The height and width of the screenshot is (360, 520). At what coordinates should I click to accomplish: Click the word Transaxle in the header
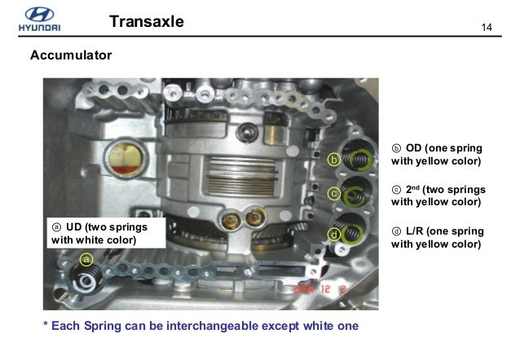(146, 22)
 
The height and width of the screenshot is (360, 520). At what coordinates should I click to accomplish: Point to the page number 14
(488, 29)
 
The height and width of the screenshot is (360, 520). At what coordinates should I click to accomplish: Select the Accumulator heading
(70, 56)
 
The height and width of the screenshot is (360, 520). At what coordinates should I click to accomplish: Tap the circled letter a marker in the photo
(87, 259)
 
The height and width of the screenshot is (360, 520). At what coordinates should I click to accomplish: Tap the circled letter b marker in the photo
(333, 159)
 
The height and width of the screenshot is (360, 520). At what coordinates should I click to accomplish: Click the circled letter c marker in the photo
(333, 194)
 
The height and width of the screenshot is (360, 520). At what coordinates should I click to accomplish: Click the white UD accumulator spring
(84, 282)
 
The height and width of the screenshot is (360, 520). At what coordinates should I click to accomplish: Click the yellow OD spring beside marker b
(358, 160)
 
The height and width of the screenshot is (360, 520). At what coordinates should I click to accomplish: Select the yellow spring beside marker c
(356, 195)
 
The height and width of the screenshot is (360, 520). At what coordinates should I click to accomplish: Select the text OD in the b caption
(414, 148)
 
